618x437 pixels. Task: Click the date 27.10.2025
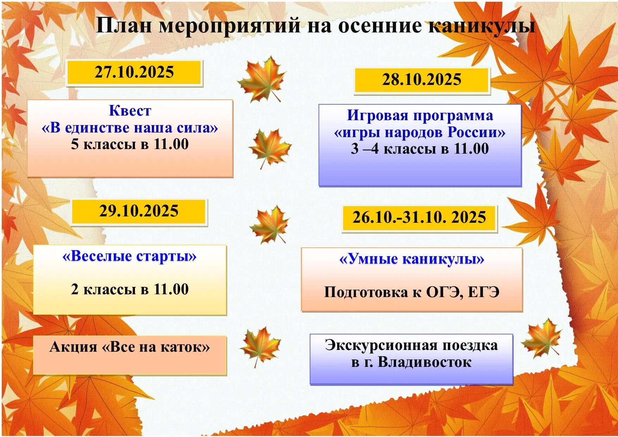(x=134, y=72)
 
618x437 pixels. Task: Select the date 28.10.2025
(x=422, y=79)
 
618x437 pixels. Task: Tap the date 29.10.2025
(x=139, y=211)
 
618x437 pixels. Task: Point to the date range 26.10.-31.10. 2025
(x=419, y=217)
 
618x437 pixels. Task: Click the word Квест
(x=130, y=111)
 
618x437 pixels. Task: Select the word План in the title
(x=124, y=26)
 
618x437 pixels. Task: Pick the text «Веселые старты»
(x=129, y=256)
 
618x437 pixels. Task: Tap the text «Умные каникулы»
(x=412, y=259)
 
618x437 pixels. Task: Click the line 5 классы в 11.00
(x=130, y=144)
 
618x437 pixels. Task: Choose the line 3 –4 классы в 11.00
(x=420, y=149)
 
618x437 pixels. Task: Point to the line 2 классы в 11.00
(x=130, y=289)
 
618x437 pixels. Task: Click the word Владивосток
(x=425, y=362)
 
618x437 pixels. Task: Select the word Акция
(x=73, y=347)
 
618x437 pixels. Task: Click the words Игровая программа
(x=420, y=116)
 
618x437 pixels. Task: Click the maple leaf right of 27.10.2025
(x=261, y=79)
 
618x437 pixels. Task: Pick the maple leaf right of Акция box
(x=260, y=346)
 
